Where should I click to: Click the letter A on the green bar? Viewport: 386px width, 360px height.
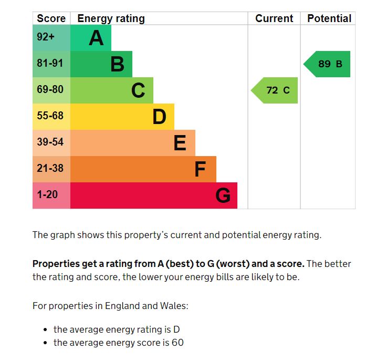pyautogui.click(x=96, y=38)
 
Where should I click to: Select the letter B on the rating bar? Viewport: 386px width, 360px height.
pyautogui.click(x=117, y=64)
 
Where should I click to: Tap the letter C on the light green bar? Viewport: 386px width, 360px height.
pyautogui.click(x=138, y=90)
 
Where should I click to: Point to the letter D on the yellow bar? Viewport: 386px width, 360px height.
pyautogui.click(x=159, y=117)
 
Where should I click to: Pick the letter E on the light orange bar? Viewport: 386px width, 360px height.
pyautogui.click(x=180, y=143)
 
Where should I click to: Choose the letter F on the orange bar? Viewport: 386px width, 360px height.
pyautogui.click(x=200, y=169)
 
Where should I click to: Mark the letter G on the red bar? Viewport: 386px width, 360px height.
pyautogui.click(x=223, y=196)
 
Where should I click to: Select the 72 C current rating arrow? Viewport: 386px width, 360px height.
pyautogui.click(x=275, y=90)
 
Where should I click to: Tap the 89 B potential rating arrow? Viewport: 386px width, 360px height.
pyautogui.click(x=328, y=64)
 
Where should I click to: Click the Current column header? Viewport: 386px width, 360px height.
pyautogui.click(x=274, y=18)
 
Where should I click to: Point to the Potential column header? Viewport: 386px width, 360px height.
pyautogui.click(x=329, y=18)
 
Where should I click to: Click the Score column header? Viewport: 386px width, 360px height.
pyautogui.click(x=51, y=18)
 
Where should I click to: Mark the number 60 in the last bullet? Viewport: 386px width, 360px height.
pyautogui.click(x=178, y=343)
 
